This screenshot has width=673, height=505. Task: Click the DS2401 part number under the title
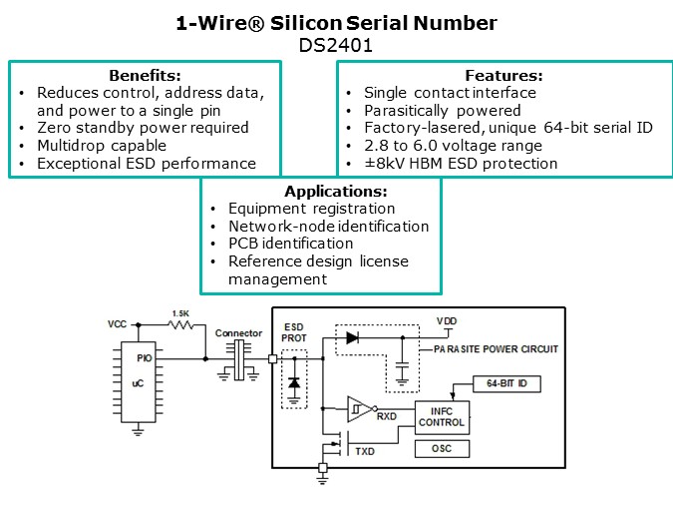point(336,45)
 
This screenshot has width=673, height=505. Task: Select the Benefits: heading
point(145,75)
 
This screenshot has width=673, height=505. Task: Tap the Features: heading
point(504,75)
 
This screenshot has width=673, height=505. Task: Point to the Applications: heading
point(336,191)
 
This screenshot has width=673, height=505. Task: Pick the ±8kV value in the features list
point(385,164)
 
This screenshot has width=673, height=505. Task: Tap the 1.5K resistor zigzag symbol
point(181,325)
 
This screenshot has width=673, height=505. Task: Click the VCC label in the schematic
point(118,324)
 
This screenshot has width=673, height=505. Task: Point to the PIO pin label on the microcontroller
point(145,358)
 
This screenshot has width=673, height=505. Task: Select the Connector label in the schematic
point(238,333)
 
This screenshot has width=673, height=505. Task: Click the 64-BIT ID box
point(506,383)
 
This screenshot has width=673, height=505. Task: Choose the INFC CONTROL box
point(442,417)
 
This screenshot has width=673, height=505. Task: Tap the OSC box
point(442,449)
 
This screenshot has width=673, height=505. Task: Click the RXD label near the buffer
point(386,416)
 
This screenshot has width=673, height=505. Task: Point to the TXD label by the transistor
point(365,451)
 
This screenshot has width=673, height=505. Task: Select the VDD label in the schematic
point(447,321)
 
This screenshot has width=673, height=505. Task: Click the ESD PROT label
point(294,332)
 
